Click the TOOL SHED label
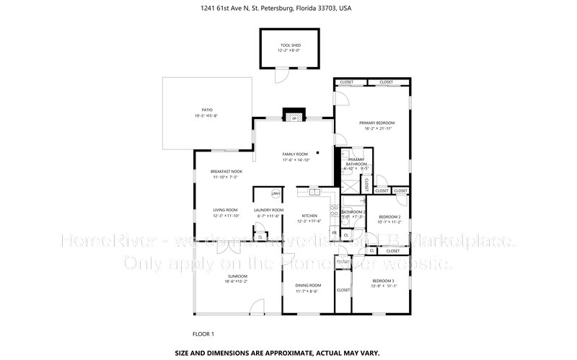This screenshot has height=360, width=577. [291, 45]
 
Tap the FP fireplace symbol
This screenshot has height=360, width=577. [294, 118]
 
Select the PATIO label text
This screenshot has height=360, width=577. [207, 110]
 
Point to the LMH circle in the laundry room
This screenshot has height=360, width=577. [276, 194]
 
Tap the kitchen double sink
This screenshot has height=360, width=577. [314, 193]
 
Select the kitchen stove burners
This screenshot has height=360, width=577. [333, 211]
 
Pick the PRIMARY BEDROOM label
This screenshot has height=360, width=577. [376, 123]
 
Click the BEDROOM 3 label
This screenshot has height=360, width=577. [383, 280]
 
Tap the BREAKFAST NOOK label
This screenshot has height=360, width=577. [226, 171]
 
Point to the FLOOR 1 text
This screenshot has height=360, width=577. [203, 334]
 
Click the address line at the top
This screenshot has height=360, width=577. [288, 9]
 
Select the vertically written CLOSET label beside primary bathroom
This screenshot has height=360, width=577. [366, 185]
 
